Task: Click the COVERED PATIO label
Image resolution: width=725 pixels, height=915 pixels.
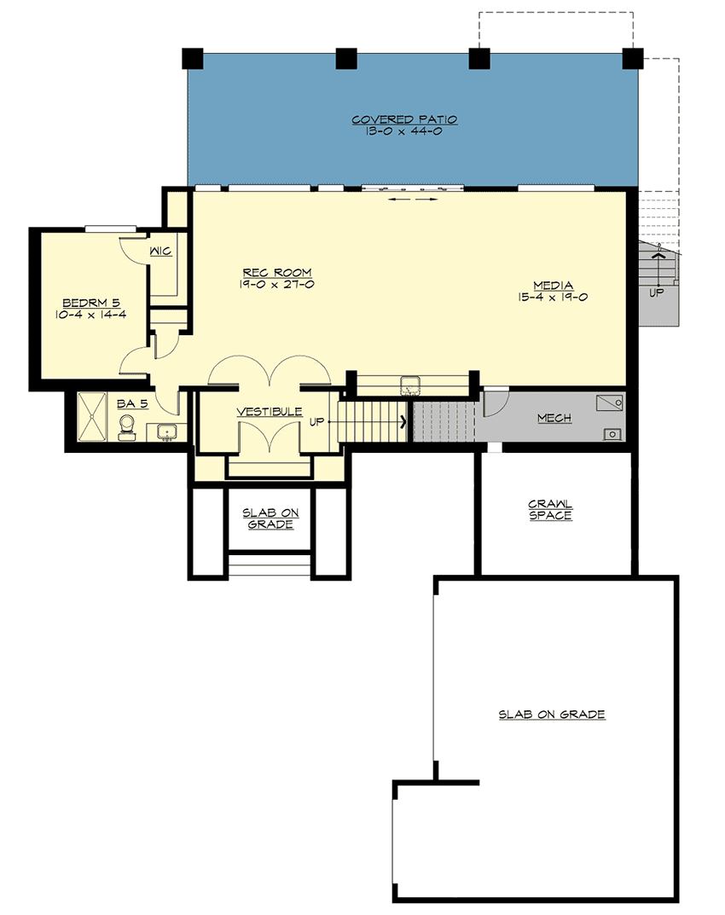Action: (404, 120)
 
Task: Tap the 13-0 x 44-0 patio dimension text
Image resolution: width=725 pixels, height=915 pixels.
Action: (404, 133)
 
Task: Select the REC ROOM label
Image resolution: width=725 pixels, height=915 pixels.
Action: (277, 273)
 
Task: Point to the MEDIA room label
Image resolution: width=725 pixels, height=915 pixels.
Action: (553, 285)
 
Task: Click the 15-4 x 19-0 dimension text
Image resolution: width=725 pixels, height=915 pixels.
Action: (553, 298)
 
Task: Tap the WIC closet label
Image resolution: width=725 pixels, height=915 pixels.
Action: (160, 252)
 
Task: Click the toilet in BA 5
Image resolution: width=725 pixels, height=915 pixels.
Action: (127, 426)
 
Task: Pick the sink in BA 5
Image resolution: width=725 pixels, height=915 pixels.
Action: (167, 431)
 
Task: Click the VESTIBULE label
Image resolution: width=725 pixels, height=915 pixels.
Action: (270, 411)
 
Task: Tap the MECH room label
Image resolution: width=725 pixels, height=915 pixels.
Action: (554, 418)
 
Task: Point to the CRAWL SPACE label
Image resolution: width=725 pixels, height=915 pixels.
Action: (550, 510)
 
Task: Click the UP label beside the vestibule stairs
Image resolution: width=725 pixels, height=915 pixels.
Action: (316, 420)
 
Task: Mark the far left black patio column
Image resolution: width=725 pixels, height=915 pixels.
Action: (194, 59)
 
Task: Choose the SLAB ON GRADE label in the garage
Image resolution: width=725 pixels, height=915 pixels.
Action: (552, 714)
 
